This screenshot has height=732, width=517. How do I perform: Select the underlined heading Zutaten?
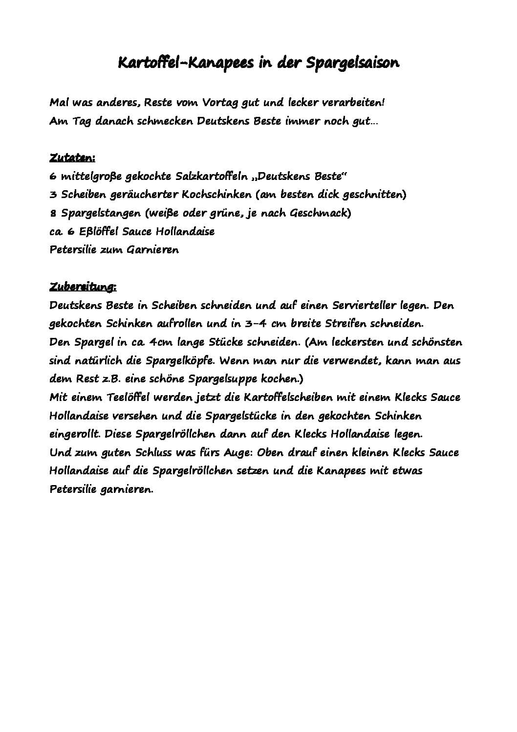[x=72, y=158]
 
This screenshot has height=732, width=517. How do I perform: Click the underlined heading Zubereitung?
[x=83, y=287]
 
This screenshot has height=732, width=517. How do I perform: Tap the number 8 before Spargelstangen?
[x=53, y=213]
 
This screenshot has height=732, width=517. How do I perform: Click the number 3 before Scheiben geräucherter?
[x=53, y=195]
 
